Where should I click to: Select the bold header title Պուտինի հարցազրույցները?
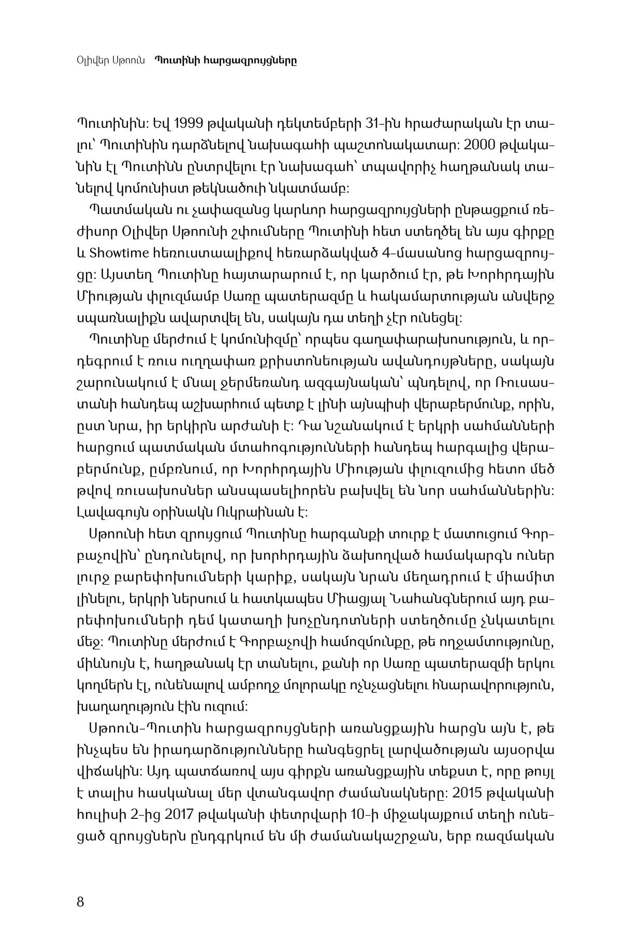[226, 61]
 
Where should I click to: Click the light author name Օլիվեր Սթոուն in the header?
[110, 61]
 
